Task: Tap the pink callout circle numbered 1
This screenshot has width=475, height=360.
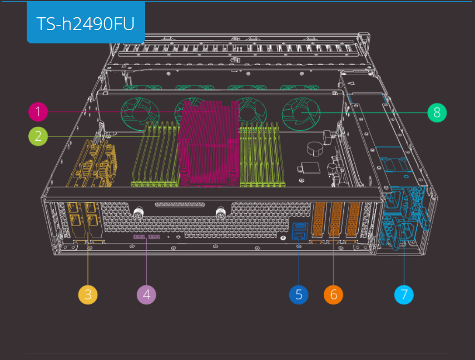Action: (38, 112)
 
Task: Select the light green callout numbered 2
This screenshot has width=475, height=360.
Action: (38, 135)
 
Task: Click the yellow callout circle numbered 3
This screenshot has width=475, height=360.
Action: (88, 294)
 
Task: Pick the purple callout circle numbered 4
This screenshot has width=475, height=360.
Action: (146, 294)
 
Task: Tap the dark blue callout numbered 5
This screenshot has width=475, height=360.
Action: (299, 294)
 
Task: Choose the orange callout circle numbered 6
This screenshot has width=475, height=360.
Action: (334, 294)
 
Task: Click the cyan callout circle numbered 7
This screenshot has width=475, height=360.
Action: (404, 294)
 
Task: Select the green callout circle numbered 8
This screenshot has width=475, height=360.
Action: (437, 113)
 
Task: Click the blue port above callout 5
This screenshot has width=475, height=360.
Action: (299, 229)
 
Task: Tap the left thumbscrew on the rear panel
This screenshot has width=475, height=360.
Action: (137, 213)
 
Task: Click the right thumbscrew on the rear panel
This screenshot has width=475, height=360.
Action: (220, 213)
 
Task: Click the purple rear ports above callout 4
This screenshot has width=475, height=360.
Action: (146, 238)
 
